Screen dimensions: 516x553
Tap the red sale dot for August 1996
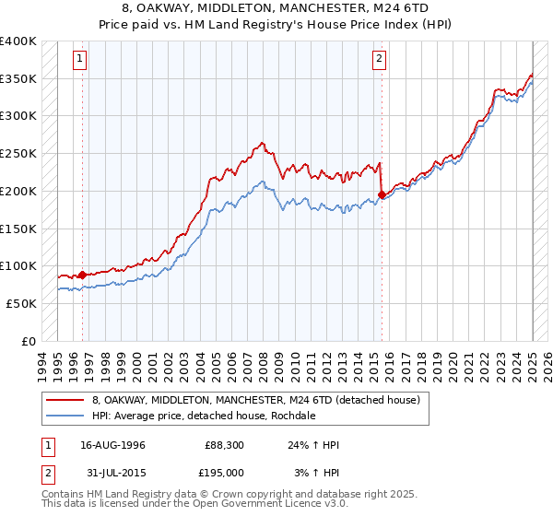click(82, 274)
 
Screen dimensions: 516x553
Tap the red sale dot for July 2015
click(382, 194)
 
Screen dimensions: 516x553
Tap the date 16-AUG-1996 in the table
click(113, 445)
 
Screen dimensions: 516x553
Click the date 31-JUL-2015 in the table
click(113, 472)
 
